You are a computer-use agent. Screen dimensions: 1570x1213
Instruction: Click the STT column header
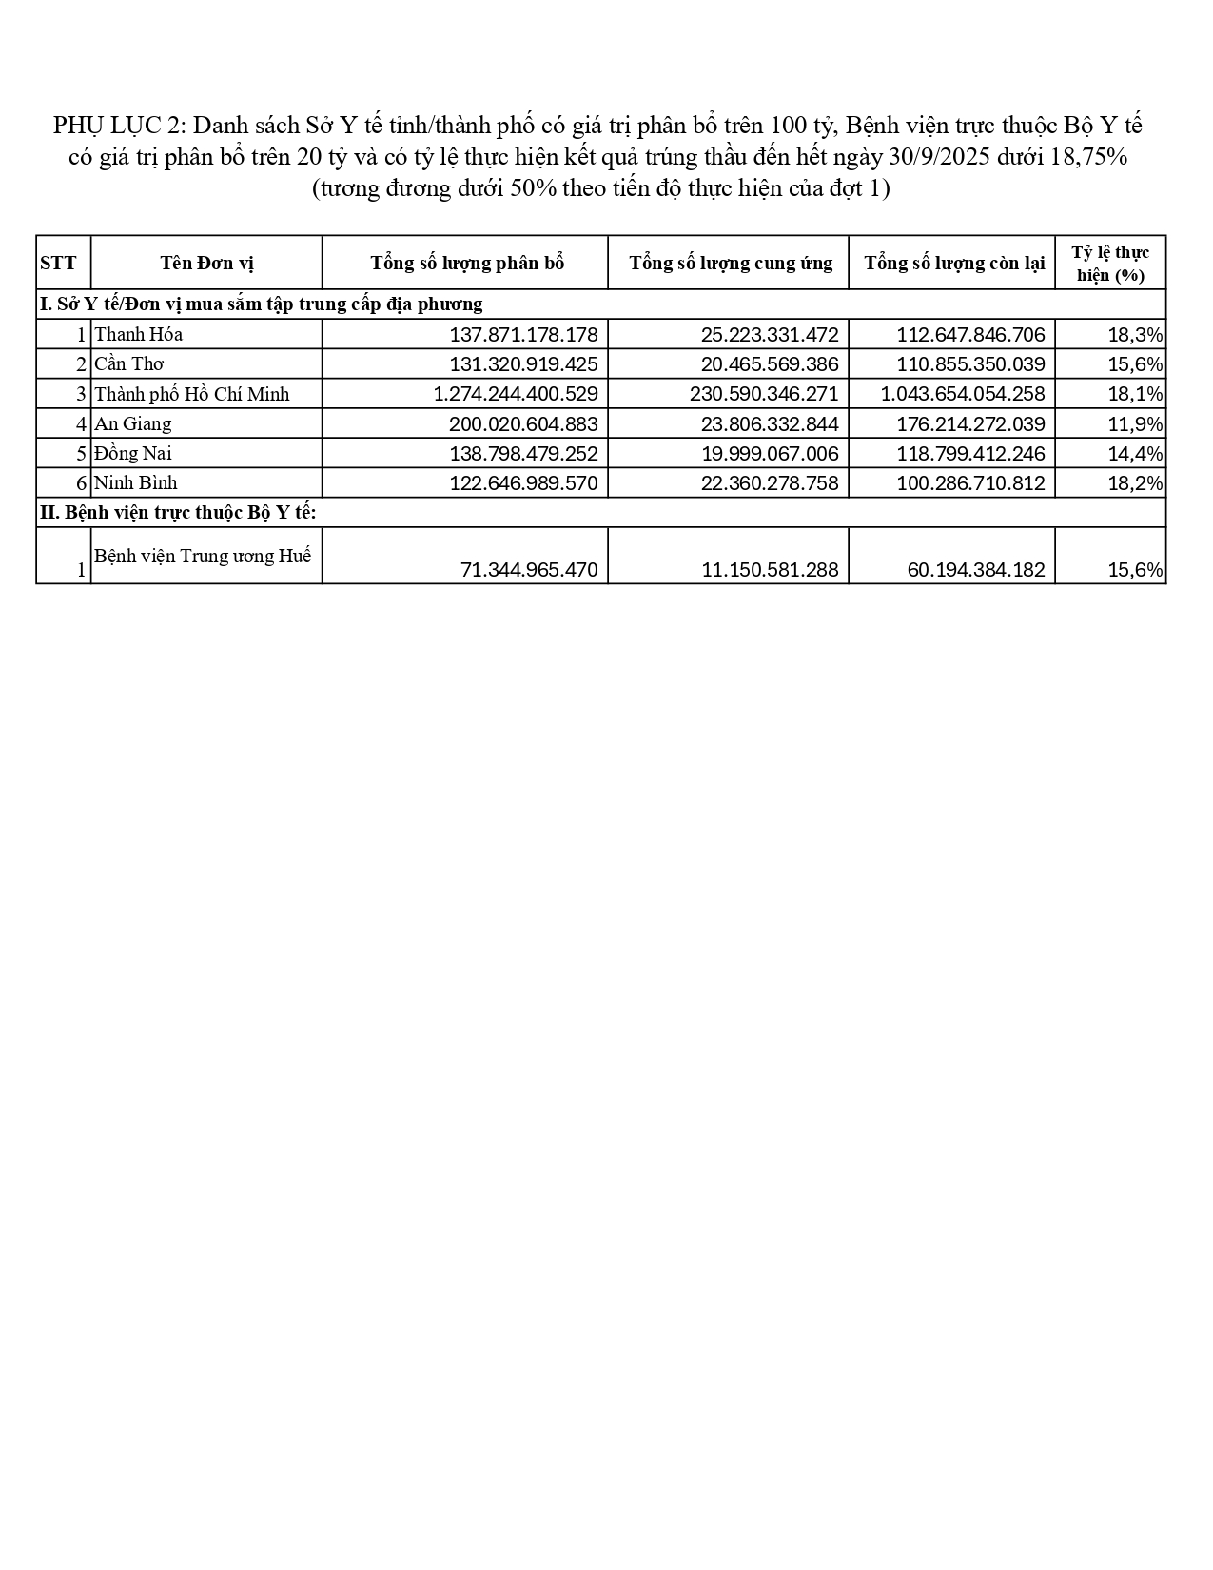pyautogui.click(x=58, y=263)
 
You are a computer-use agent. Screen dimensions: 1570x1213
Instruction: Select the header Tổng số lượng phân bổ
pyautogui.click(x=467, y=263)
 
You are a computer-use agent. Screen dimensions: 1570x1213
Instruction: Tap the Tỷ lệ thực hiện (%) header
pyautogui.click(x=1110, y=264)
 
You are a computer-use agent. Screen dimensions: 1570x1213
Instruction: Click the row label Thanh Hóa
pyautogui.click(x=139, y=335)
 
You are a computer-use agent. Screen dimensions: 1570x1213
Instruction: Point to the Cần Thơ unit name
pyautogui.click(x=129, y=364)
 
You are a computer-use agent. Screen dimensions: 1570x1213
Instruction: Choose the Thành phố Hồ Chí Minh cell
pyautogui.click(x=192, y=394)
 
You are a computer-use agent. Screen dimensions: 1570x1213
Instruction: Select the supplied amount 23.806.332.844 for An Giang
pyautogui.click(x=770, y=423)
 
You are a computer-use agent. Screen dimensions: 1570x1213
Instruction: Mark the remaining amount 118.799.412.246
pyautogui.click(x=970, y=454)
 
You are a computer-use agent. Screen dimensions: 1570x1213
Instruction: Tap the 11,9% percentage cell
pyautogui.click(x=1135, y=424)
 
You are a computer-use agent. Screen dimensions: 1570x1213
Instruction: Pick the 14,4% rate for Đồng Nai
pyautogui.click(x=1135, y=454)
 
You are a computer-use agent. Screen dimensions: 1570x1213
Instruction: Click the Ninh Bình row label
pyautogui.click(x=136, y=483)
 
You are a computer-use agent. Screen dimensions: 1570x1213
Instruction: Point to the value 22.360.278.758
pyautogui.click(x=770, y=483)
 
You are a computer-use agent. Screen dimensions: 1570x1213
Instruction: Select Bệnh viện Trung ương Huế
pyautogui.click(x=203, y=556)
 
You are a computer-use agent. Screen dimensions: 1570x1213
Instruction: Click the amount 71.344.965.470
pyautogui.click(x=529, y=570)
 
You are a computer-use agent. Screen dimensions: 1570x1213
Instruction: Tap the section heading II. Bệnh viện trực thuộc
pyautogui.click(x=178, y=513)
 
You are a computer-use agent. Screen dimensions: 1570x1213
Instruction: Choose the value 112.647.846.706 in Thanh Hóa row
pyautogui.click(x=970, y=335)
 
